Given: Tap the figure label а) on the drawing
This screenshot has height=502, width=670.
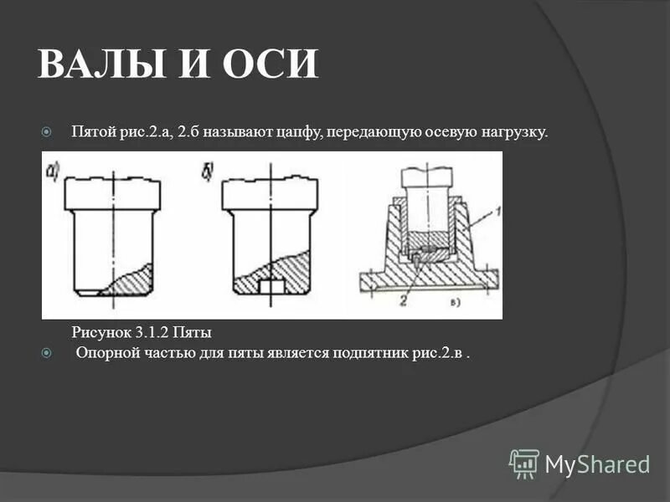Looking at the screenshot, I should (x=53, y=173).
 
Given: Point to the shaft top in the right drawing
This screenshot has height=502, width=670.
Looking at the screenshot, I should (x=427, y=177).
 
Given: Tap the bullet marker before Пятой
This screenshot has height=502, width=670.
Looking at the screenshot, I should (x=47, y=132).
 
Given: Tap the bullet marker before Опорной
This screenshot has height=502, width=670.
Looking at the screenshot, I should (x=47, y=353).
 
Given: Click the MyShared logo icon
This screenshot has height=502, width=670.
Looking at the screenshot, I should (x=523, y=463).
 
